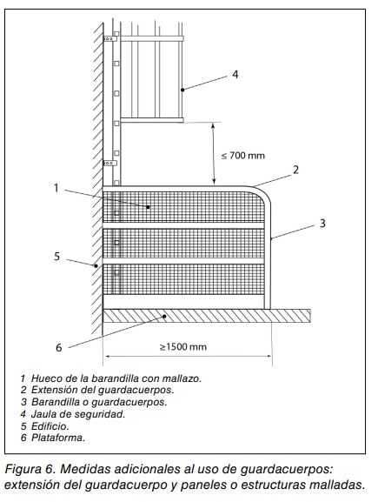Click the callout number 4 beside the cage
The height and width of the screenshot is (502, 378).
point(235,74)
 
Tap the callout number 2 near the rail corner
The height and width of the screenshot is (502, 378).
point(295,170)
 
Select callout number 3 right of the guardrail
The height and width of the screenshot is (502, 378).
point(322,223)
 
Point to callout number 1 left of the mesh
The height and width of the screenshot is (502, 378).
point(56,188)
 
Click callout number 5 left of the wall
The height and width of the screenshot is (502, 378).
point(57,257)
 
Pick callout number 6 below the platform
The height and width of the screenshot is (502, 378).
point(58,347)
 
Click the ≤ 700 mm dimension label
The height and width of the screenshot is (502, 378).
point(243,156)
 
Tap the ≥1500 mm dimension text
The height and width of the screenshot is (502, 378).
point(183,347)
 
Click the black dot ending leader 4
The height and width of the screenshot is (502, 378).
point(182,90)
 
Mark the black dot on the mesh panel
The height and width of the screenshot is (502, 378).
point(148,207)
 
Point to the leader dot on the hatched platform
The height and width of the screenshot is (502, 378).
point(164,317)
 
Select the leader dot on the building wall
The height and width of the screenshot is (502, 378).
point(96,265)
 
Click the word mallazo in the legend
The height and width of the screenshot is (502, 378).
point(182,378)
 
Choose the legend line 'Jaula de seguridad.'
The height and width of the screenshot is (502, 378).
point(78,414)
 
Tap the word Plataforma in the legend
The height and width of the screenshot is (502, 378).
point(58,438)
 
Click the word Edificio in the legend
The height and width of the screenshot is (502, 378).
point(50,426)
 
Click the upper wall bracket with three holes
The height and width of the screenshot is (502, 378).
point(110,39)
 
